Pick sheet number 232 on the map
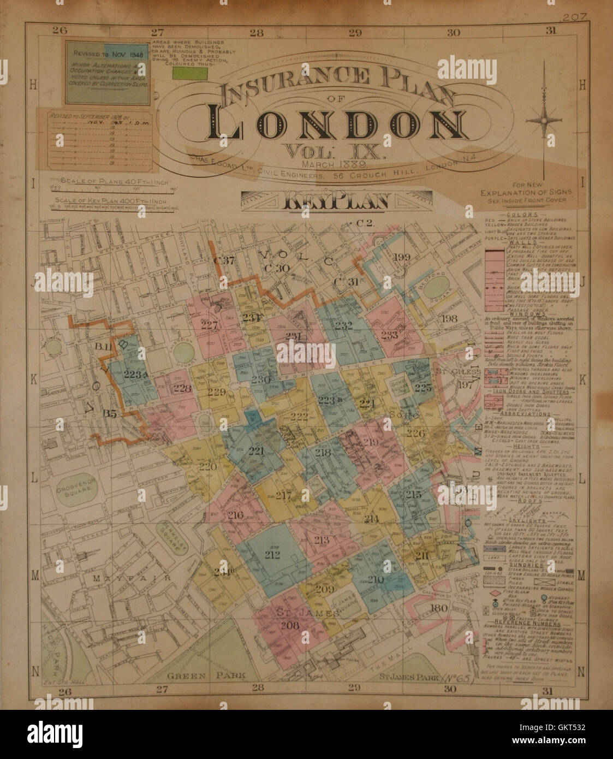pyautogui.click(x=343, y=326)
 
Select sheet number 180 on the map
pyautogui.click(x=438, y=608)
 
